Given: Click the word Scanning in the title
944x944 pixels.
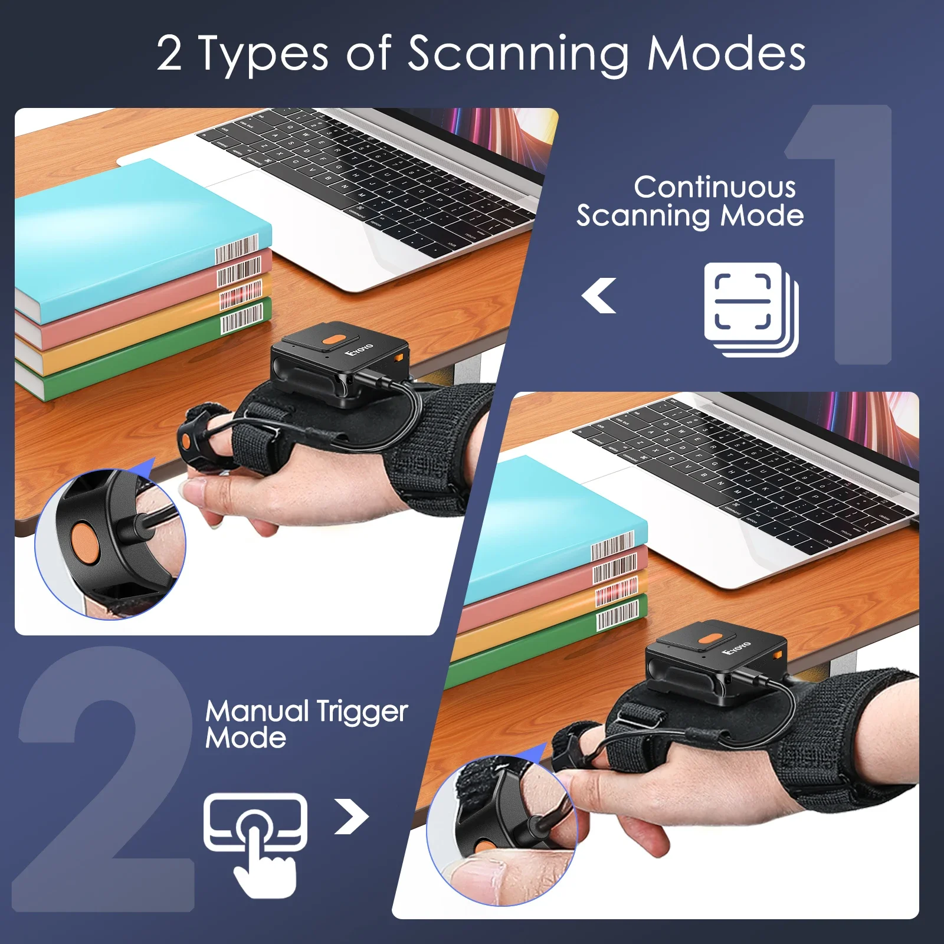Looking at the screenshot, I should coord(518,54).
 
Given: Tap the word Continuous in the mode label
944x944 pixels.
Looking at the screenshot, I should coord(714,188).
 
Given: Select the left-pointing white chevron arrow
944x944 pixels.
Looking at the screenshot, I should coord(599,296).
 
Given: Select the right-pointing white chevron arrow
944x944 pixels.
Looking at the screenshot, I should coord(352,817).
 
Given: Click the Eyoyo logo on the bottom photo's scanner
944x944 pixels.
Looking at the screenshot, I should coord(736,648).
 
